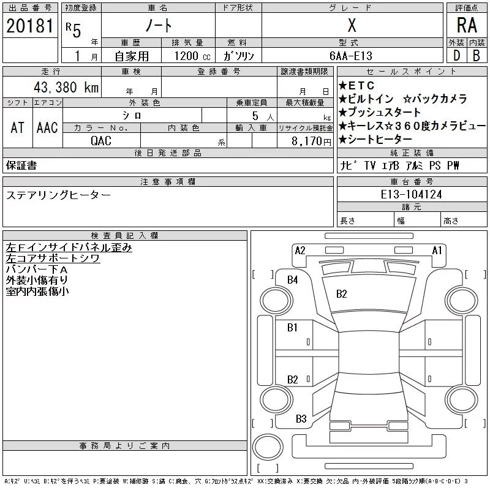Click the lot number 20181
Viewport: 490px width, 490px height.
tap(30, 26)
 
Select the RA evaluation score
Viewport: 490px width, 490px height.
tap(467, 25)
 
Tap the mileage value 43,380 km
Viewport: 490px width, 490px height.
tap(66, 87)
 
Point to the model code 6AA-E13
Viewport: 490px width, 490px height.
tap(351, 56)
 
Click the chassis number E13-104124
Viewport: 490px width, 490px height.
tap(411, 194)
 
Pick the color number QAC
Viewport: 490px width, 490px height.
tap(101, 141)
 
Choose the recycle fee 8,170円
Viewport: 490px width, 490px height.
tap(311, 141)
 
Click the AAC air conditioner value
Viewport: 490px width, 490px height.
tap(47, 127)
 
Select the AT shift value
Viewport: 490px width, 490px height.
tap(18, 127)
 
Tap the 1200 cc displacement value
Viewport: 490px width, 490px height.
tap(192, 56)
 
